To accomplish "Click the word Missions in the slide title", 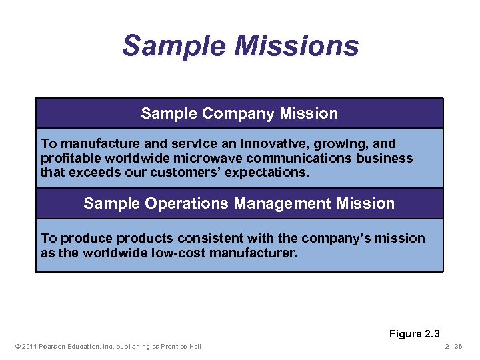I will click(295, 46).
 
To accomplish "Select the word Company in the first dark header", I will click(227, 114).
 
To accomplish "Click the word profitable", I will click(69, 159).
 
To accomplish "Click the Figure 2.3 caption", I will click(415, 334).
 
